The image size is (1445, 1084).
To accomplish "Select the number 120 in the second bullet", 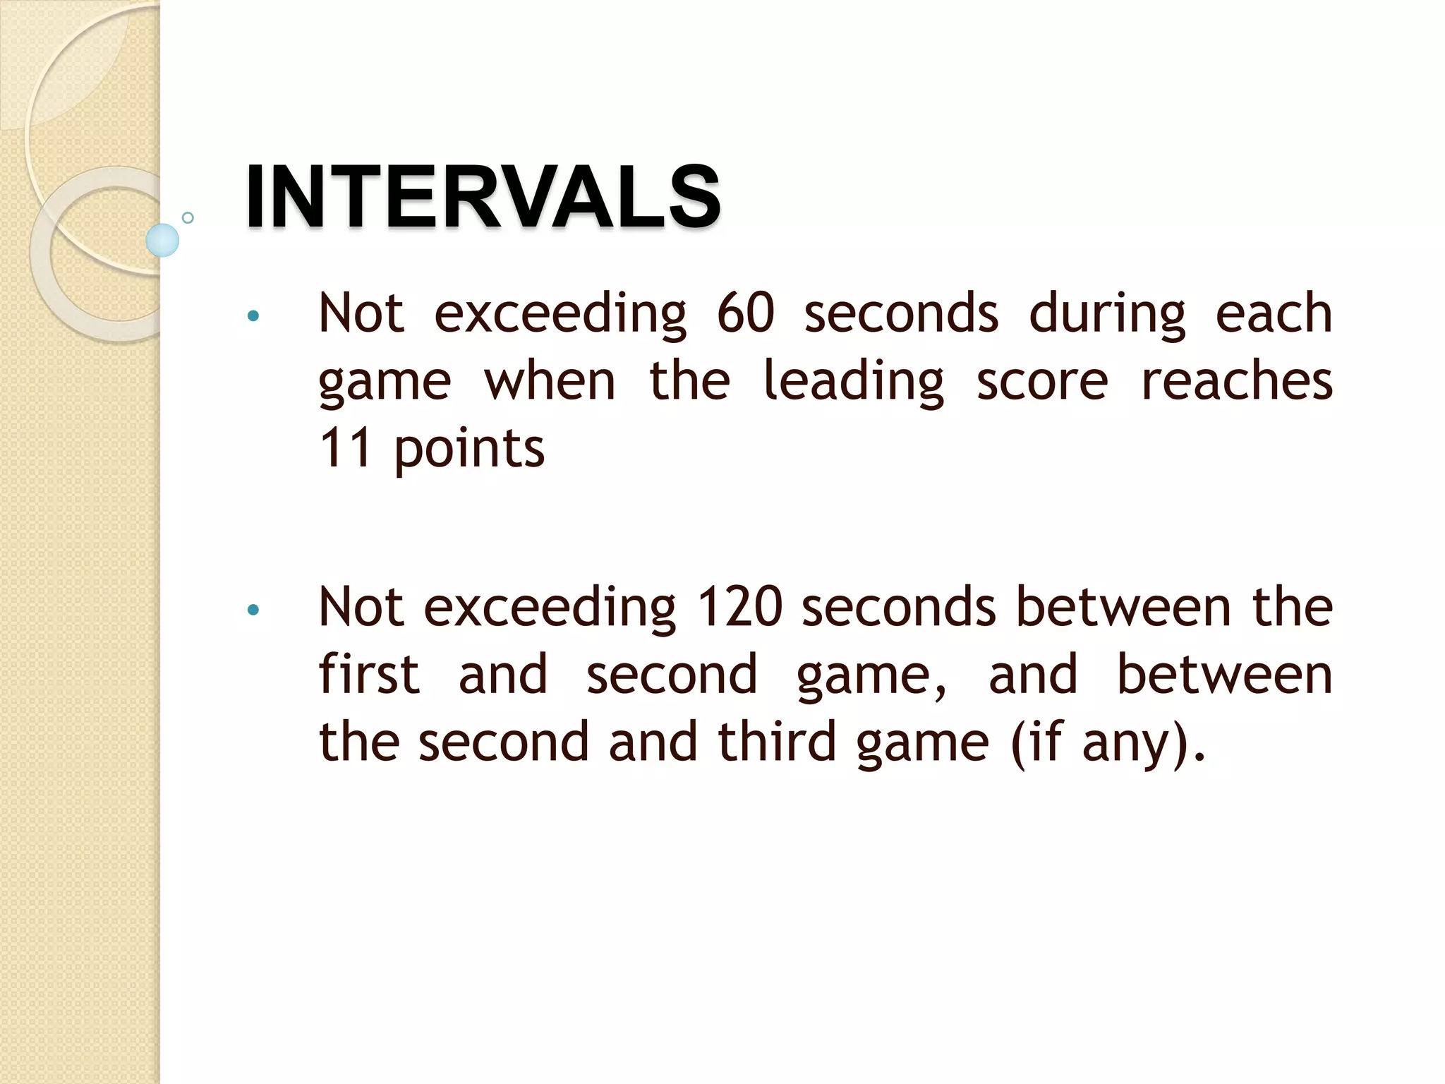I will [739, 606].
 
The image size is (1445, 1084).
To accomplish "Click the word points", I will [469, 450].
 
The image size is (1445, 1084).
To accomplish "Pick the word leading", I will [853, 383].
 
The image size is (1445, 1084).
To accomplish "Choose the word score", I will [1042, 381].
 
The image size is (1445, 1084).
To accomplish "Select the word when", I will [550, 381].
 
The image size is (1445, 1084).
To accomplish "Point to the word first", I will [369, 674].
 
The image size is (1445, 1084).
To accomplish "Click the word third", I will [777, 742].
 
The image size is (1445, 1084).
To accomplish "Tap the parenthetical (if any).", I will [1108, 743].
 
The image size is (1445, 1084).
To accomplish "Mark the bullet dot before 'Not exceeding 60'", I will [253, 315].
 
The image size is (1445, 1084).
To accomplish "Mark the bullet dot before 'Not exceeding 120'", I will [253, 609].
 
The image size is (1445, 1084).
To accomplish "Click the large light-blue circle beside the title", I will [162, 240].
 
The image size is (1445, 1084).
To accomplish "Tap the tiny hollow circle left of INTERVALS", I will [188, 217].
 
